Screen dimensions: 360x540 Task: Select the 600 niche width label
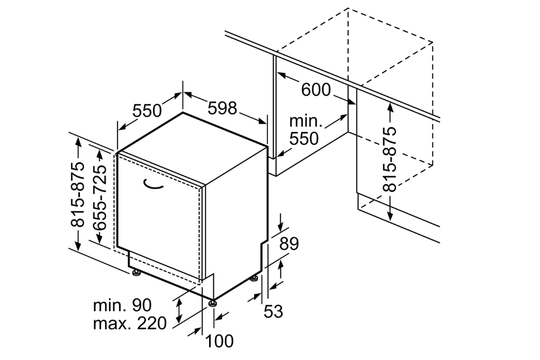coord(316,90)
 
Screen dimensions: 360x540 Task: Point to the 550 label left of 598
coord(147,111)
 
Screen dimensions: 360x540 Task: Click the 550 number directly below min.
coord(304,139)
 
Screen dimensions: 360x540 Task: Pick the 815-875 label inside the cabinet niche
coord(390,159)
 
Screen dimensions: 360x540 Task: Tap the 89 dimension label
coord(289,244)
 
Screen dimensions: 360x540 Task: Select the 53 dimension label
coord(273,311)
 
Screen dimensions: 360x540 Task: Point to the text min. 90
coord(122,305)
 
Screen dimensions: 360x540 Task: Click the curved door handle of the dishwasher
coord(154,184)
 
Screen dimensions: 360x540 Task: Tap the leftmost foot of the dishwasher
coord(137,273)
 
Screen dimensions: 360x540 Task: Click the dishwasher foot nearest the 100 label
coord(213,303)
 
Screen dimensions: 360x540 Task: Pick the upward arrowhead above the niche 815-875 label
coord(390,106)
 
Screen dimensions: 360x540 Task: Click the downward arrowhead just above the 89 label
coord(281,226)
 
